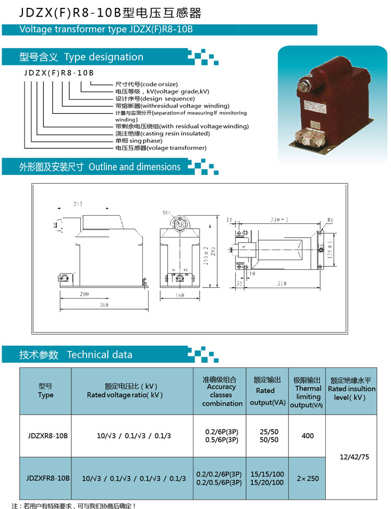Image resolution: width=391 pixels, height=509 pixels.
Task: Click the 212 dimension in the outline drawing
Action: click(78, 204)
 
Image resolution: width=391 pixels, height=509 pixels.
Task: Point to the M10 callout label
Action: click(167, 213)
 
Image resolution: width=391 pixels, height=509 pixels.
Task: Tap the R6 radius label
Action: click(329, 220)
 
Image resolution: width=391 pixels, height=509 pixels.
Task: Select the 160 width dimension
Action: click(180, 295)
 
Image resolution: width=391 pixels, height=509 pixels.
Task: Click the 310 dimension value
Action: click(282, 283)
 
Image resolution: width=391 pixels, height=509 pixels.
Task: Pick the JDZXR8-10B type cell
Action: click(47, 435)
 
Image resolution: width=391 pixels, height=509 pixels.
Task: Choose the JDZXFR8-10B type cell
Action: click(47, 478)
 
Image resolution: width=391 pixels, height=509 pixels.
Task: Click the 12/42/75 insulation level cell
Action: click(354, 457)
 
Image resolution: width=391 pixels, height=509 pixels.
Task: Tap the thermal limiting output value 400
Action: click(308, 435)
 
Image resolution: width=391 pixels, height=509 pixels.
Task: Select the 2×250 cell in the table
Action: click(308, 478)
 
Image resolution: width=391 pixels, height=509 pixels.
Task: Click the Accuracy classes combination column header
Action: click(222, 391)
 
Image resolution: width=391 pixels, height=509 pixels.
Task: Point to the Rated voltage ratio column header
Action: click(125, 390)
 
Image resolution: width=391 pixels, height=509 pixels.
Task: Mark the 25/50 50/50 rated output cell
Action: click(269, 435)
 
